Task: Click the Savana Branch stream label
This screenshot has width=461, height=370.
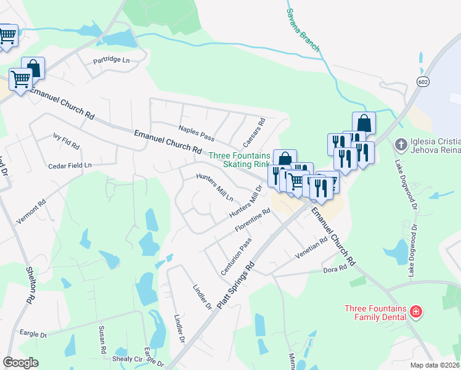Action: point(302,31)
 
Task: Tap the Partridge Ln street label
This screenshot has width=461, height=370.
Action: point(112,60)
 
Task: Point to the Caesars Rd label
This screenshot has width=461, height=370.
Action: point(253,132)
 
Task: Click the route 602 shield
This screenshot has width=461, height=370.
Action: point(422,82)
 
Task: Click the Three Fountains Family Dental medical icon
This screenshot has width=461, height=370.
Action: point(416,311)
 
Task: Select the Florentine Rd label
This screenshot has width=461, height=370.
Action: point(253,221)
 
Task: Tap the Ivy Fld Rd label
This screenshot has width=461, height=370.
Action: point(66,141)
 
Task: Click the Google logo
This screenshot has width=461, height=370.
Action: point(20,362)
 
